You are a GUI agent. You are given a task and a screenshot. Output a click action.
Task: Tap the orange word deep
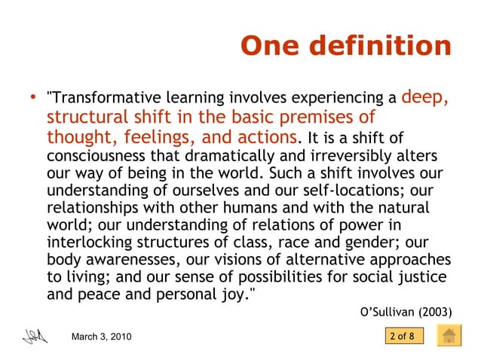(x=426, y=96)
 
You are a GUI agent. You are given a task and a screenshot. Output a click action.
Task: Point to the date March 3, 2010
(x=100, y=336)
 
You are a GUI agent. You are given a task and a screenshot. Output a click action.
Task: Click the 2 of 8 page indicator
(x=402, y=336)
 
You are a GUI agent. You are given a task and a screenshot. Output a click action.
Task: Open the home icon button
(x=450, y=335)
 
